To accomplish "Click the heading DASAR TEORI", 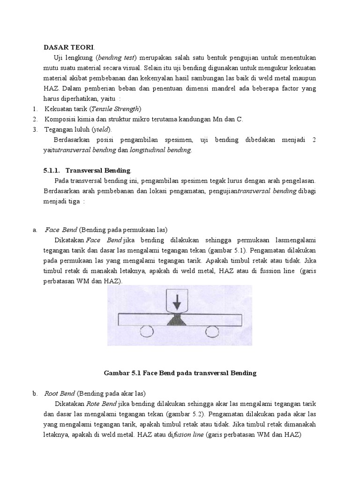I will pyautogui.click(x=69, y=47).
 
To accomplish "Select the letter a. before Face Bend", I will pyautogui.click(x=35, y=230).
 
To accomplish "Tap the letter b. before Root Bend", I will pyautogui.click(x=35, y=393).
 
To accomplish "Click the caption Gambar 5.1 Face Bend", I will pyautogui.click(x=180, y=373).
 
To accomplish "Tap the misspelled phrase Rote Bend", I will pyautogui.click(x=102, y=404).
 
